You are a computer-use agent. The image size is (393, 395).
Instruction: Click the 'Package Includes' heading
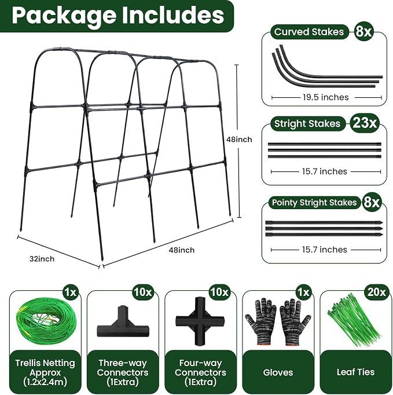[x=118, y=15]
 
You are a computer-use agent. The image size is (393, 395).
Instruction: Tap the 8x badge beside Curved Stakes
[x=363, y=31]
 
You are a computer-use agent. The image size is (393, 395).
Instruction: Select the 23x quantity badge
[x=365, y=123]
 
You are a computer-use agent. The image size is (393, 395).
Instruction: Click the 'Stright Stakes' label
[x=307, y=124]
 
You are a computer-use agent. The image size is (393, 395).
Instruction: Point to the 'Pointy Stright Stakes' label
[x=314, y=203]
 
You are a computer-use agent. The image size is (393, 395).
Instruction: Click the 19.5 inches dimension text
[x=325, y=97]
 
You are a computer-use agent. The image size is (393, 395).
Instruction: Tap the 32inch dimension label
[x=42, y=259]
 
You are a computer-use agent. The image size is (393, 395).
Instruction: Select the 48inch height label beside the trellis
[x=239, y=140]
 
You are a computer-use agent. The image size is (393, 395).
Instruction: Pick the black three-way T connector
[x=123, y=323]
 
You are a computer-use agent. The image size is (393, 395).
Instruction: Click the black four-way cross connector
[x=200, y=321]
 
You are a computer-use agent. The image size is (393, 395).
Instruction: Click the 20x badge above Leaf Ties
[x=376, y=292]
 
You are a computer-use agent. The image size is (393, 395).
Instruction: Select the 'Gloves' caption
[x=278, y=372]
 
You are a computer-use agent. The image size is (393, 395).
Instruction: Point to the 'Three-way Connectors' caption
[x=123, y=368]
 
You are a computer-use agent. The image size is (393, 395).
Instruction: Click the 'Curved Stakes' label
[x=309, y=32]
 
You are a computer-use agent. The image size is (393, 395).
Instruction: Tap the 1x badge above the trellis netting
[x=71, y=292]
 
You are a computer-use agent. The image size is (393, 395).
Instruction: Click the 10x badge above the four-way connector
[x=219, y=292]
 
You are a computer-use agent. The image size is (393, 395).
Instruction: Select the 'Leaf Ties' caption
[x=355, y=372]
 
